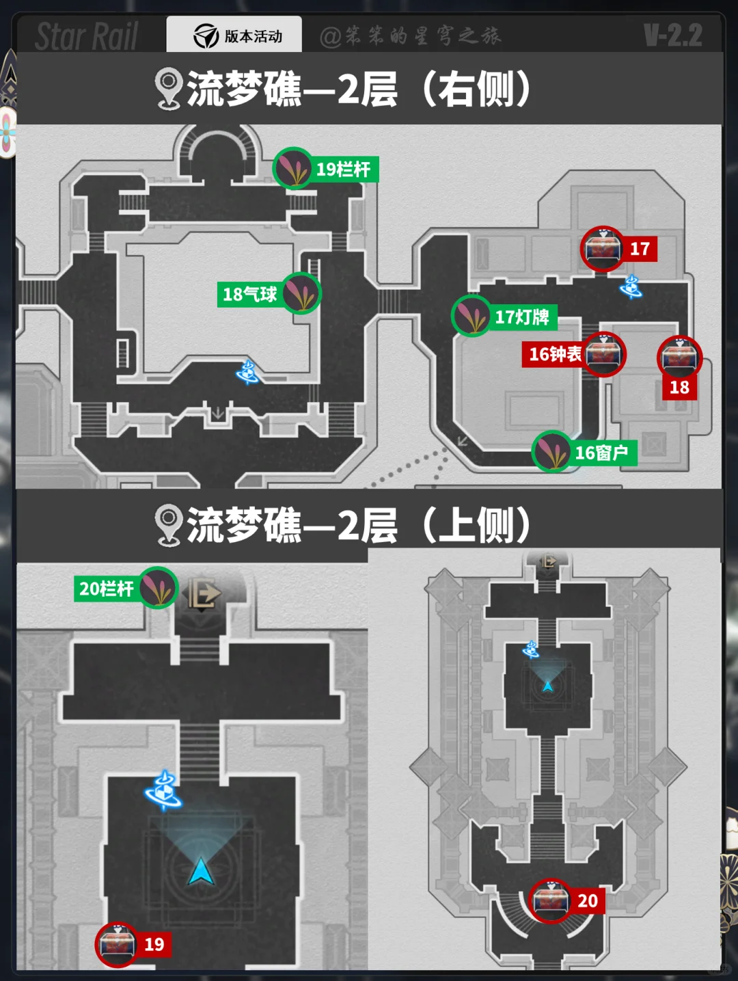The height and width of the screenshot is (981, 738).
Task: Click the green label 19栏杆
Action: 344,169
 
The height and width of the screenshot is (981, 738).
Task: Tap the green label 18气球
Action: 249,294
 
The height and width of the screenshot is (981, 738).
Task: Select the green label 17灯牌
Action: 522,317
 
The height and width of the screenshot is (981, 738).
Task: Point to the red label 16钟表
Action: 555,354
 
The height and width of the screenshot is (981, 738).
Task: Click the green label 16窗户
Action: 601,453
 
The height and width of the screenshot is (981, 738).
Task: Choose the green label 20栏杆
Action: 106,589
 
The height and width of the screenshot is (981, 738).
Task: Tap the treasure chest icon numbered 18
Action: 679,358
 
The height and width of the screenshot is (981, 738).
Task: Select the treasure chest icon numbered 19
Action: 117,944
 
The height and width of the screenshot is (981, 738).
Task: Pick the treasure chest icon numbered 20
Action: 551,900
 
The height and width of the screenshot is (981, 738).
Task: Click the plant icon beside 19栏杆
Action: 294,168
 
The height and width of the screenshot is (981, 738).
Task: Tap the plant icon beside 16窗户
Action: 551,451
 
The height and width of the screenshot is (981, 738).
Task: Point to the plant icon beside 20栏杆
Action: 159,588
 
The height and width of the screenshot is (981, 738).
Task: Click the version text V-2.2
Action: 673,36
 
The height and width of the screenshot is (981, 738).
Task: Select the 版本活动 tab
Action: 234,36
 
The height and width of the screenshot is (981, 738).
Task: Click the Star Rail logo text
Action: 87,36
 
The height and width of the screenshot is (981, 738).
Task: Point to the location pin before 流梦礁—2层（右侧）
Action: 168,89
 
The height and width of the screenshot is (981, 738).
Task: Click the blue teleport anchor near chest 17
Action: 631,287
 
